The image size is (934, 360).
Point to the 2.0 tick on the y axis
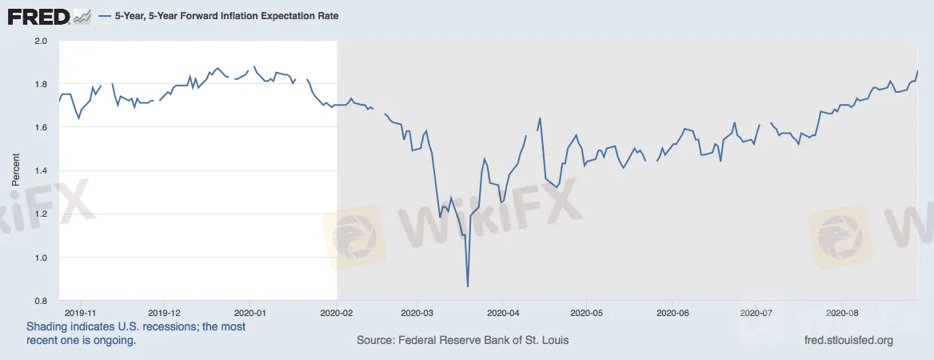coord(42,41)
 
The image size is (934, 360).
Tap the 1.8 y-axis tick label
coord(42,84)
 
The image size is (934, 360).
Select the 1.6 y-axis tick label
coord(42,127)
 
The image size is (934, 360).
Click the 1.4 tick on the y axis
coord(42,171)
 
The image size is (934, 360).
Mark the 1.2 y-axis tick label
coord(42,214)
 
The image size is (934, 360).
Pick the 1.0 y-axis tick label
coord(42,258)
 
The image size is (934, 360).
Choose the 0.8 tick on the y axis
coord(42,301)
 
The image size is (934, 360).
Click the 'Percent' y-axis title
coord(16,170)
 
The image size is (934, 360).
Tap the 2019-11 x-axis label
coord(79,314)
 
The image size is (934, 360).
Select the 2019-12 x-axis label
coord(165,314)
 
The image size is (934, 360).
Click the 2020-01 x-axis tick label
coord(252,314)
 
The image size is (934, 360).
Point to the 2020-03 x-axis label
coord(417,314)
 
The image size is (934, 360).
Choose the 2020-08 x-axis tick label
coord(842,314)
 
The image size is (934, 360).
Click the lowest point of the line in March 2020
coord(468,286)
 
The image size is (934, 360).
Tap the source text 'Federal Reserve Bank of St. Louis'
coord(481,341)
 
